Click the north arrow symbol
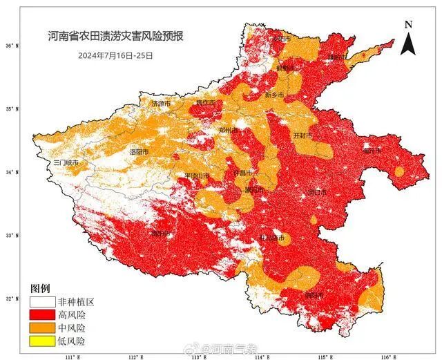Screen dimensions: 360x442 point(408,38)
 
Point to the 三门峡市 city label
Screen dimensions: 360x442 point(67,162)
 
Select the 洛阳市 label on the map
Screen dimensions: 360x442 point(139,151)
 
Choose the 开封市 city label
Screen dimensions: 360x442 point(303,135)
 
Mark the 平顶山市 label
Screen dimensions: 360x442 point(197,176)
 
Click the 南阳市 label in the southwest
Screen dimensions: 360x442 point(160,234)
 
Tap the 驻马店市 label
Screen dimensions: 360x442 point(271,238)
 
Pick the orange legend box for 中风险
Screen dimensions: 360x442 point(41,328)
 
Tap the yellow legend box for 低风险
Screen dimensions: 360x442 point(41,340)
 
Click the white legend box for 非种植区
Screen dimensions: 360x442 point(41,302)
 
